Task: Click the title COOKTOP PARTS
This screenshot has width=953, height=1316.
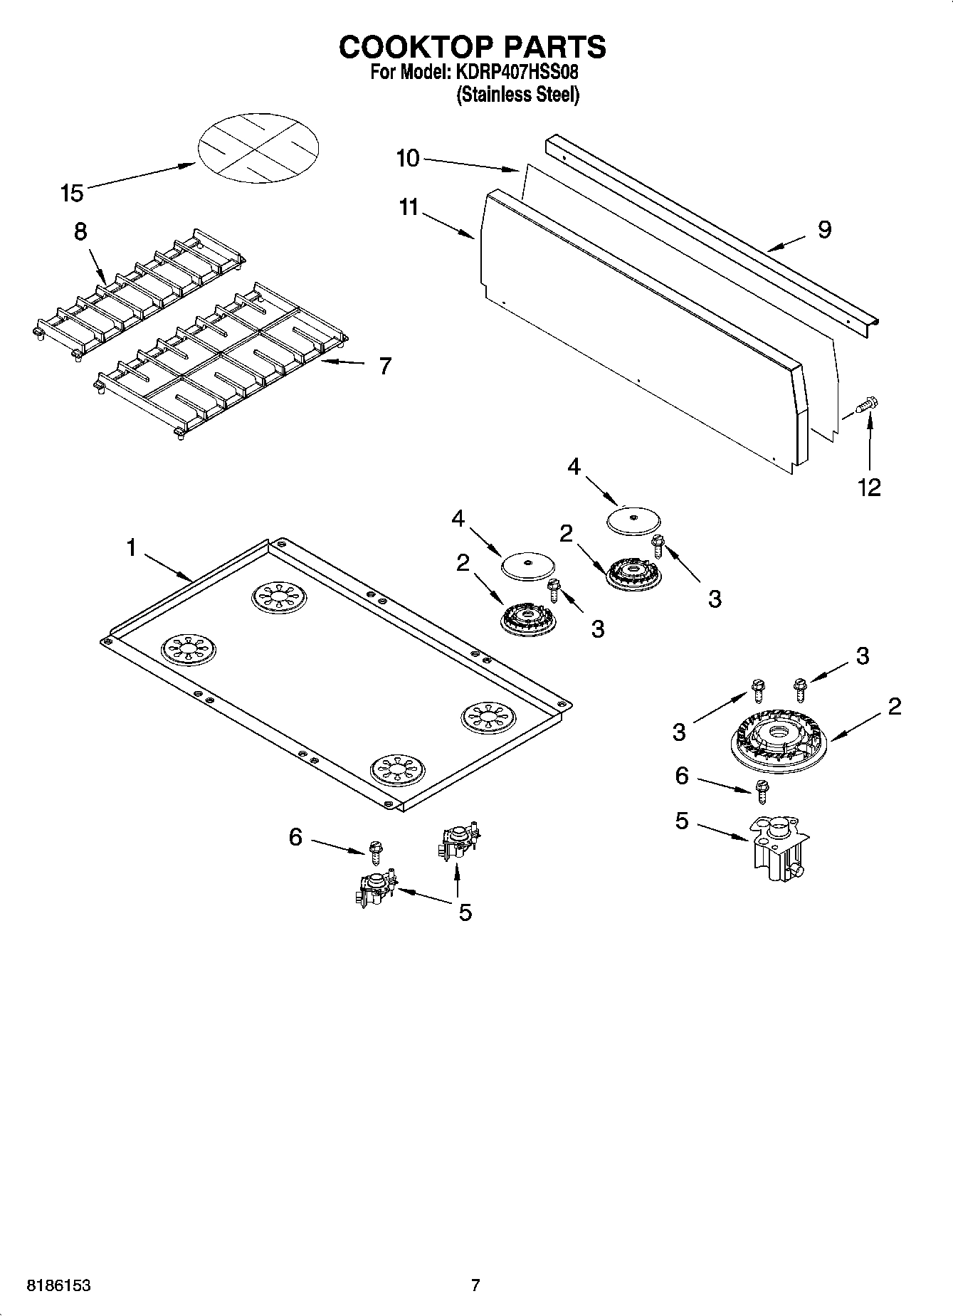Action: click(472, 47)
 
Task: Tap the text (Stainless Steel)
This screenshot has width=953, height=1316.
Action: click(517, 95)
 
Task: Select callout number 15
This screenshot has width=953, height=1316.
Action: click(72, 193)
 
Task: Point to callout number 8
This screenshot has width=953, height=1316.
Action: click(80, 232)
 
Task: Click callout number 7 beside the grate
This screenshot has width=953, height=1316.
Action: click(384, 366)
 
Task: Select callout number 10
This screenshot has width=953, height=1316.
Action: click(407, 158)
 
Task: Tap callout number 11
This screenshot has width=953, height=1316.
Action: click(409, 208)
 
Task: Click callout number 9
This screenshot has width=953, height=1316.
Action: click(824, 230)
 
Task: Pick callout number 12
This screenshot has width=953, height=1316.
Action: click(870, 488)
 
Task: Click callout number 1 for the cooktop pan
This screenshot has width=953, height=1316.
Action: click(131, 548)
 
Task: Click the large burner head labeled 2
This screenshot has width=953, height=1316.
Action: click(779, 739)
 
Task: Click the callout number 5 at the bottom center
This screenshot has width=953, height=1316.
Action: click(465, 912)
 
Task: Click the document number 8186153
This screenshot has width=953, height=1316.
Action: click(59, 1286)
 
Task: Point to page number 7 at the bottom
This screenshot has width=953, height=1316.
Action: click(475, 1285)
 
